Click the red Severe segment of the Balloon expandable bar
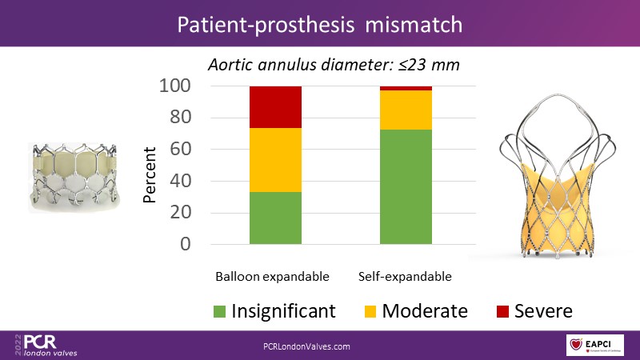click(x=275, y=106)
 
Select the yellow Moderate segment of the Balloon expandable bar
click(x=275, y=159)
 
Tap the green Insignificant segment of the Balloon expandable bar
click(x=275, y=218)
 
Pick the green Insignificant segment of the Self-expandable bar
click(x=406, y=186)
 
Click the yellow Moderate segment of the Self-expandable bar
click(x=406, y=110)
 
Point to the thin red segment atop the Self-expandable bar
click(x=406, y=88)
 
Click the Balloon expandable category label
click(x=272, y=277)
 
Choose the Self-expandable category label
click(x=404, y=277)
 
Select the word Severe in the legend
click(x=545, y=310)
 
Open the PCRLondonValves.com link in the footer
click(x=307, y=346)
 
